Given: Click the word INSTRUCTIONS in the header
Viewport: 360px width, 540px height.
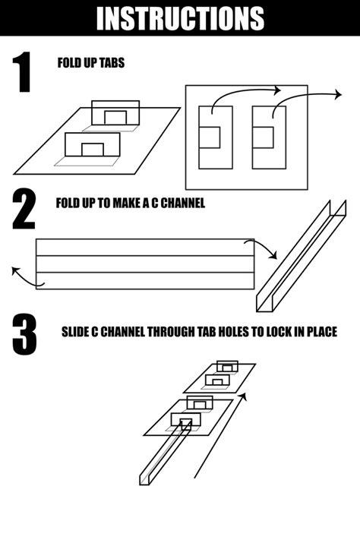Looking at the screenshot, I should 180,18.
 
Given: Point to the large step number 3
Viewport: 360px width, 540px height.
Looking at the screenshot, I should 24,334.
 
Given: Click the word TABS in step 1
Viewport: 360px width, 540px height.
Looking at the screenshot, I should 111,63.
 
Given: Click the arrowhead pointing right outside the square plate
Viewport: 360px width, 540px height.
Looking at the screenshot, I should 338,95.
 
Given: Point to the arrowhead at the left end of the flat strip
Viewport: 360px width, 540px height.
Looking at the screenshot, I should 14,270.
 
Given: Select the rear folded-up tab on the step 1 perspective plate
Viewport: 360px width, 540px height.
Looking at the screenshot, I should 115,114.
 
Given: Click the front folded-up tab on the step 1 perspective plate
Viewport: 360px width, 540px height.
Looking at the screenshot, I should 92,144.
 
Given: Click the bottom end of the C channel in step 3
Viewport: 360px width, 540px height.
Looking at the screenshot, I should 146,479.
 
